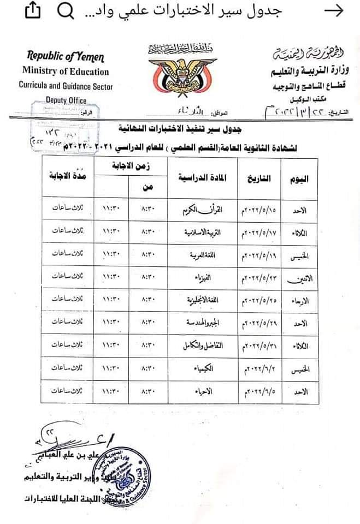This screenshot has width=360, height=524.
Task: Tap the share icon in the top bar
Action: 32,11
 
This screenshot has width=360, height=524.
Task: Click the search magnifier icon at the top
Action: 66,11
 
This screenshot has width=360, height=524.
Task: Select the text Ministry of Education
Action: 66,72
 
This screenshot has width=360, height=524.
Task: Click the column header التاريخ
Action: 259,180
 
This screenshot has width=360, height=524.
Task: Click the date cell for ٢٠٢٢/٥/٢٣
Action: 259,277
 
